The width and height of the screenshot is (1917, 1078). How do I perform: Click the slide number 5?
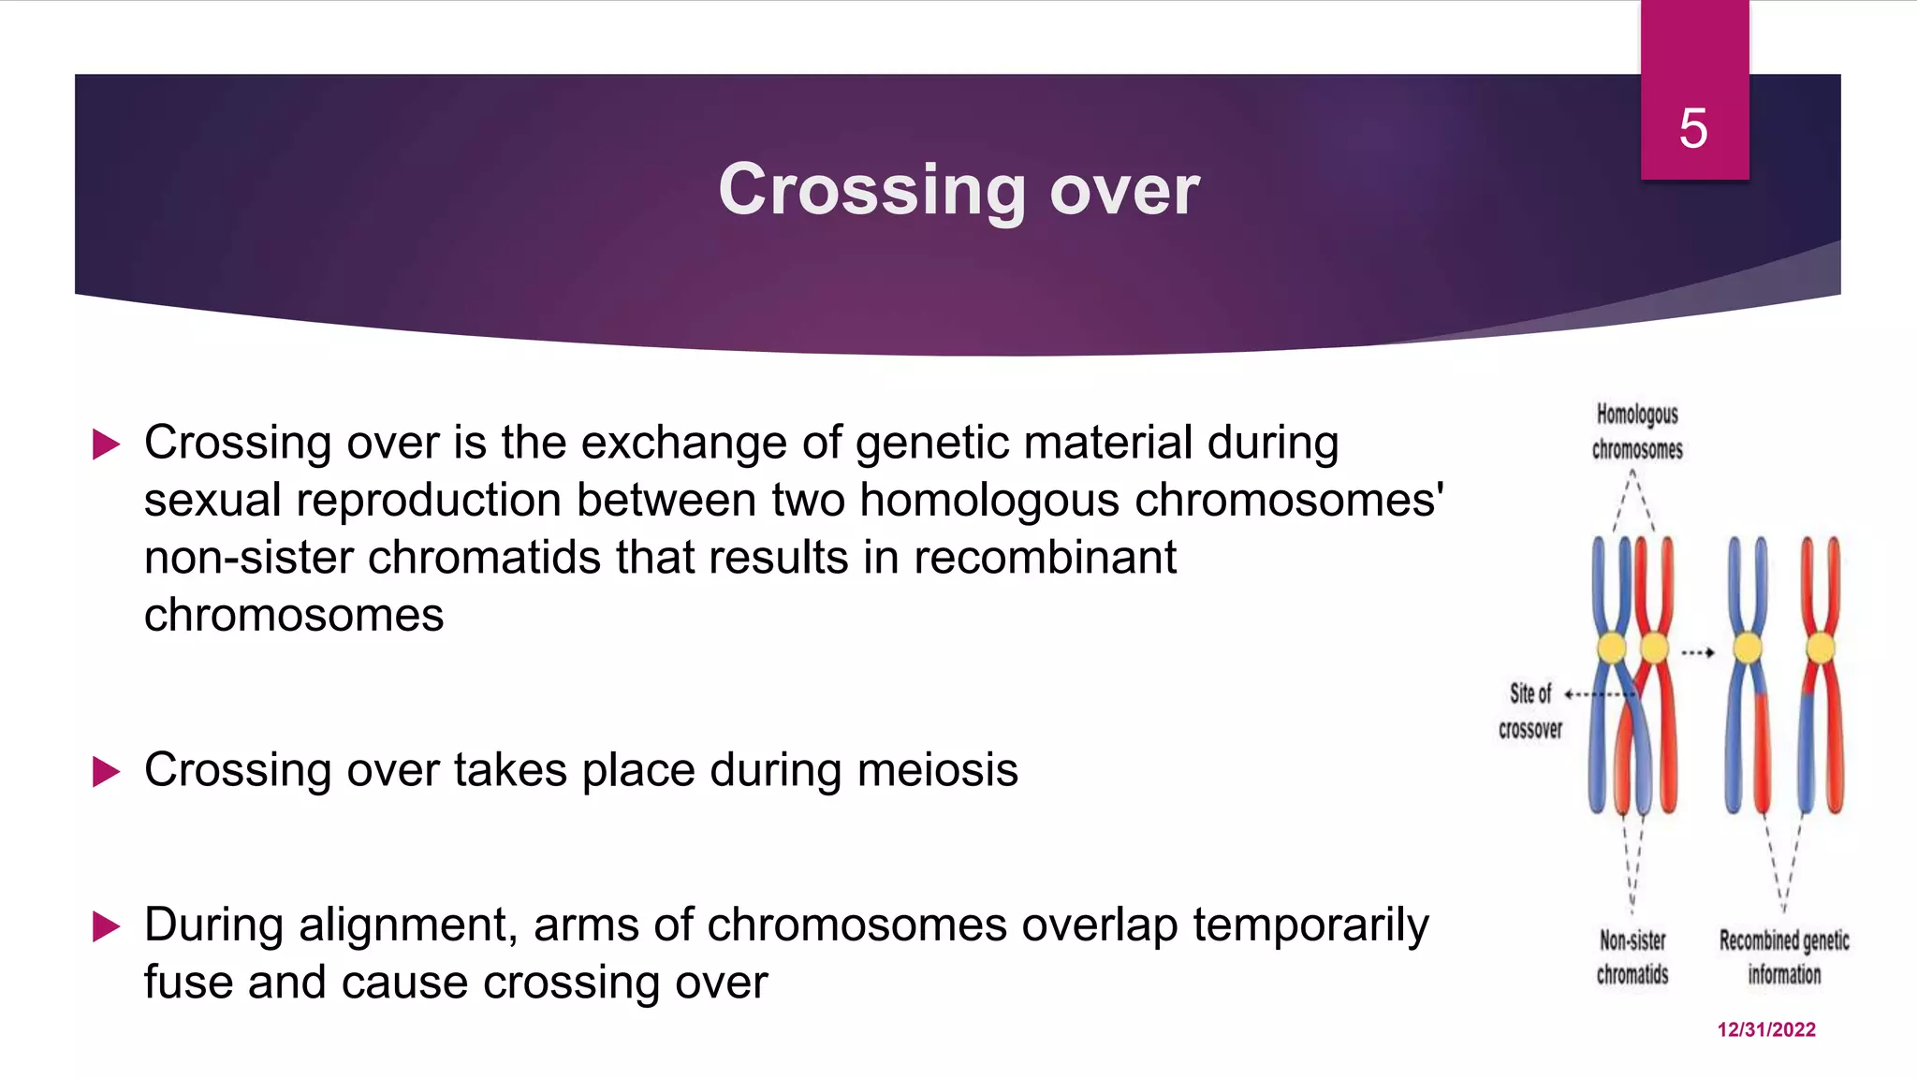point(1693,128)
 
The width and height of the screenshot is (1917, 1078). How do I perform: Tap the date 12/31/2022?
point(1766,1029)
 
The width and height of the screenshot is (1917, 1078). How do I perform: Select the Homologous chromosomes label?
point(1637,431)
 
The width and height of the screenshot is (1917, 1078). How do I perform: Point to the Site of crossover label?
point(1530,711)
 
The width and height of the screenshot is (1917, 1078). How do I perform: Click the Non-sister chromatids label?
point(1632,956)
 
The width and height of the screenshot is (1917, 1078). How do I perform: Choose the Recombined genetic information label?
point(1784,956)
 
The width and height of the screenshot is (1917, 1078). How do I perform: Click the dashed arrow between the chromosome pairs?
point(1697,653)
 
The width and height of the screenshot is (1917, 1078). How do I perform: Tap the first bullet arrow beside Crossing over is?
point(107,444)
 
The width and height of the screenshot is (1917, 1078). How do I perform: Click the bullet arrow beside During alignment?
point(107,927)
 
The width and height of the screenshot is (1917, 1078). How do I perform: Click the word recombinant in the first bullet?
point(1045,558)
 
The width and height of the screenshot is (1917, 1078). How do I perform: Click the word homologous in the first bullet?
point(988,500)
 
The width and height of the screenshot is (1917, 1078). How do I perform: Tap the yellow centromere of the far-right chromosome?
point(1821,648)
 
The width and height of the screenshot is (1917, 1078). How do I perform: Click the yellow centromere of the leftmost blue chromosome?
point(1612,648)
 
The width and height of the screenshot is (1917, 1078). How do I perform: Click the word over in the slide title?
point(1124,190)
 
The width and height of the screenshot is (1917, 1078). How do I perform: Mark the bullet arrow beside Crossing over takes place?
point(107,772)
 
